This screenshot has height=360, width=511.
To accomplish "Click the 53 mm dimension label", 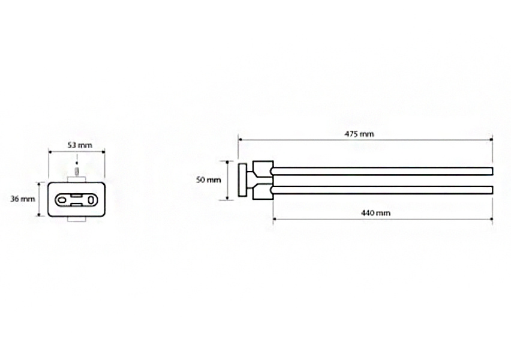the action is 80,145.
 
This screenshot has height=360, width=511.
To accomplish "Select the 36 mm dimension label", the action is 22,199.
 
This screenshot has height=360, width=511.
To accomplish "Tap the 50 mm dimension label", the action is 209,179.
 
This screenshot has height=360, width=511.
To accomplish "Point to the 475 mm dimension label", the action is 359,134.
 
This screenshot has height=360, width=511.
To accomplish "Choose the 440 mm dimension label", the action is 376,213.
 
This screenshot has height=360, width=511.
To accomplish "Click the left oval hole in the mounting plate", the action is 61,200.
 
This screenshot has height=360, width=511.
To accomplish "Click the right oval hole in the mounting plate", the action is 92,200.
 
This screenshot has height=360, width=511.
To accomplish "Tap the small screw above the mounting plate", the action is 77,171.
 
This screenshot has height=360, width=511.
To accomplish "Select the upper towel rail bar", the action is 381,171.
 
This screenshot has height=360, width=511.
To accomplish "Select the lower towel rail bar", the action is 381,190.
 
